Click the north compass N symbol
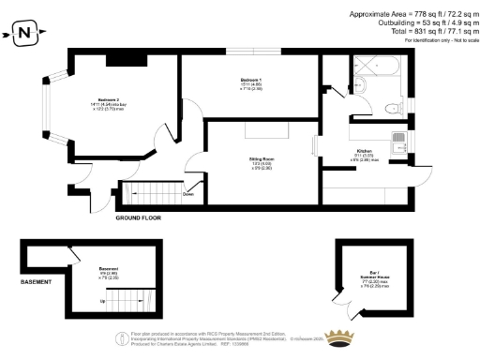24,35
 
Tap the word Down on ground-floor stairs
187,195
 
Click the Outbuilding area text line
418,23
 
